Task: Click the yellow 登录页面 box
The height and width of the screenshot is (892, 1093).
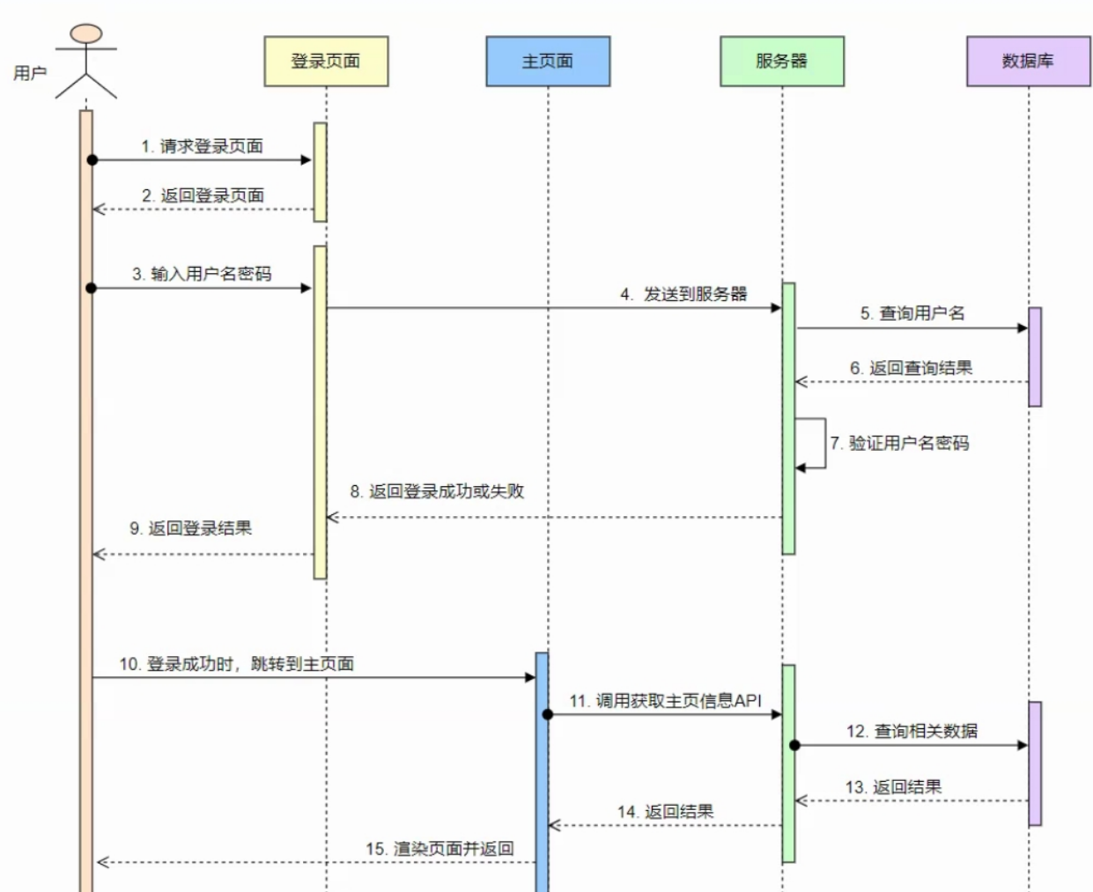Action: (x=326, y=62)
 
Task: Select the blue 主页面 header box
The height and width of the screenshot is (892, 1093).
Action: (x=548, y=62)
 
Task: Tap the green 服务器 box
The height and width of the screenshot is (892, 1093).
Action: (x=781, y=62)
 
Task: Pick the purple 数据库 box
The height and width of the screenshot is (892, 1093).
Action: (x=1028, y=62)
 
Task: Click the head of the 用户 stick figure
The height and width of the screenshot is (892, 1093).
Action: (x=86, y=34)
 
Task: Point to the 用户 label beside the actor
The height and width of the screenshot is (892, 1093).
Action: (x=30, y=73)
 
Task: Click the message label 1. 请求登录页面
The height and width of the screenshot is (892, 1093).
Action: (x=203, y=146)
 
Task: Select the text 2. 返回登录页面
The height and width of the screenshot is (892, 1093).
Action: (x=203, y=195)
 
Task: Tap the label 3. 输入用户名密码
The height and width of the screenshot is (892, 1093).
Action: (x=203, y=274)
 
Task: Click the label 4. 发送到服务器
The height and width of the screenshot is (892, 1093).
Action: (x=683, y=294)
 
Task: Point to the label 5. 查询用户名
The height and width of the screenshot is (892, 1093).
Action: (x=912, y=313)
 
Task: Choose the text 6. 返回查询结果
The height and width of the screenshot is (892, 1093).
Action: (x=912, y=368)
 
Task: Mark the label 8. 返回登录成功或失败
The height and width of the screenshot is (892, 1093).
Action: (x=437, y=491)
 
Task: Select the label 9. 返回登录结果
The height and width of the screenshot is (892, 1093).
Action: (x=191, y=528)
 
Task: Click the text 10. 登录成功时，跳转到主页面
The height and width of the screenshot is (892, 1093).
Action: (x=237, y=664)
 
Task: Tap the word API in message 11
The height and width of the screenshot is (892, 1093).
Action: (x=748, y=701)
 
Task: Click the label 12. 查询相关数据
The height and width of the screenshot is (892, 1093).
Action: (x=912, y=731)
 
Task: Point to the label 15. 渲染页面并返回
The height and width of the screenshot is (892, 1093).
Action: (x=439, y=849)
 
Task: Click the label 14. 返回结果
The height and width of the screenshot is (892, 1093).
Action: (x=666, y=812)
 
